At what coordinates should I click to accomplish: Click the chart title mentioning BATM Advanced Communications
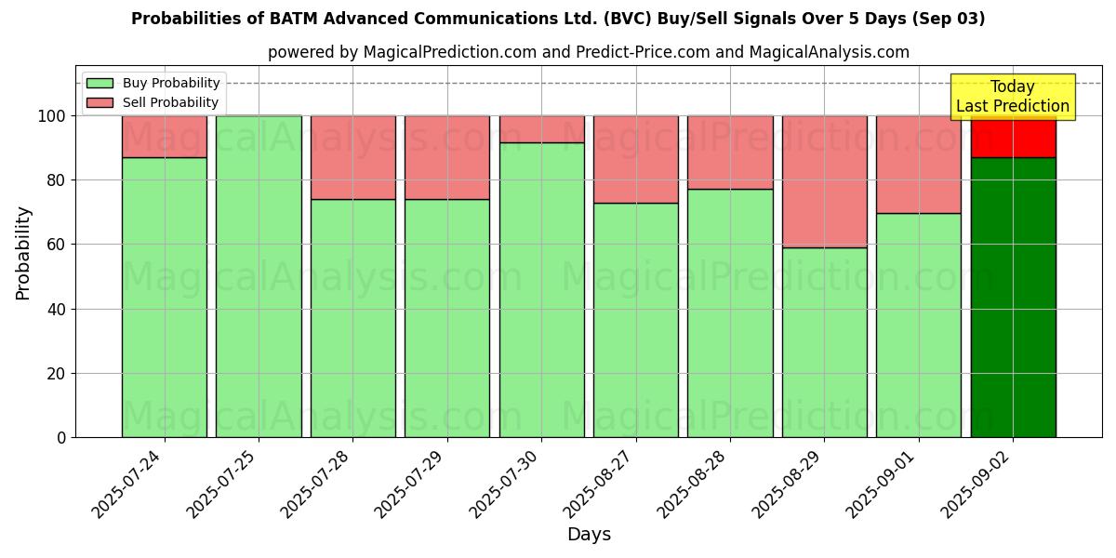(558, 19)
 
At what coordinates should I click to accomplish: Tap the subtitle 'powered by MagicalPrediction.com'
(588, 52)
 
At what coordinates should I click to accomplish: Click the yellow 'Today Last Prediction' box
(1012, 97)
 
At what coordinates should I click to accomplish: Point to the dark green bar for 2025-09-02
(1013, 298)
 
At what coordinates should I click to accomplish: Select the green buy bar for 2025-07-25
(259, 276)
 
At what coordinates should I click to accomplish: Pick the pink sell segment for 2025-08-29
(824, 181)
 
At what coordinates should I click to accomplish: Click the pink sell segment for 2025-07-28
(352, 157)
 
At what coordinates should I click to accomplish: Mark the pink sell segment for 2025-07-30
(541, 129)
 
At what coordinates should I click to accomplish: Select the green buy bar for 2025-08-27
(636, 320)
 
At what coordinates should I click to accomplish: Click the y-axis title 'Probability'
(23, 253)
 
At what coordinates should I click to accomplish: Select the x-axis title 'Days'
(589, 535)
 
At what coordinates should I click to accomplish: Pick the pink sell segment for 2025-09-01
(919, 165)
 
